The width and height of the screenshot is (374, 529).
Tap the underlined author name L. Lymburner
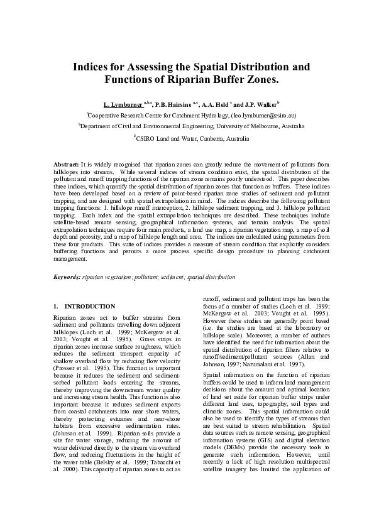tap(123, 104)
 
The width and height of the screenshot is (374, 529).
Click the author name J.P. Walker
tap(258, 104)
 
